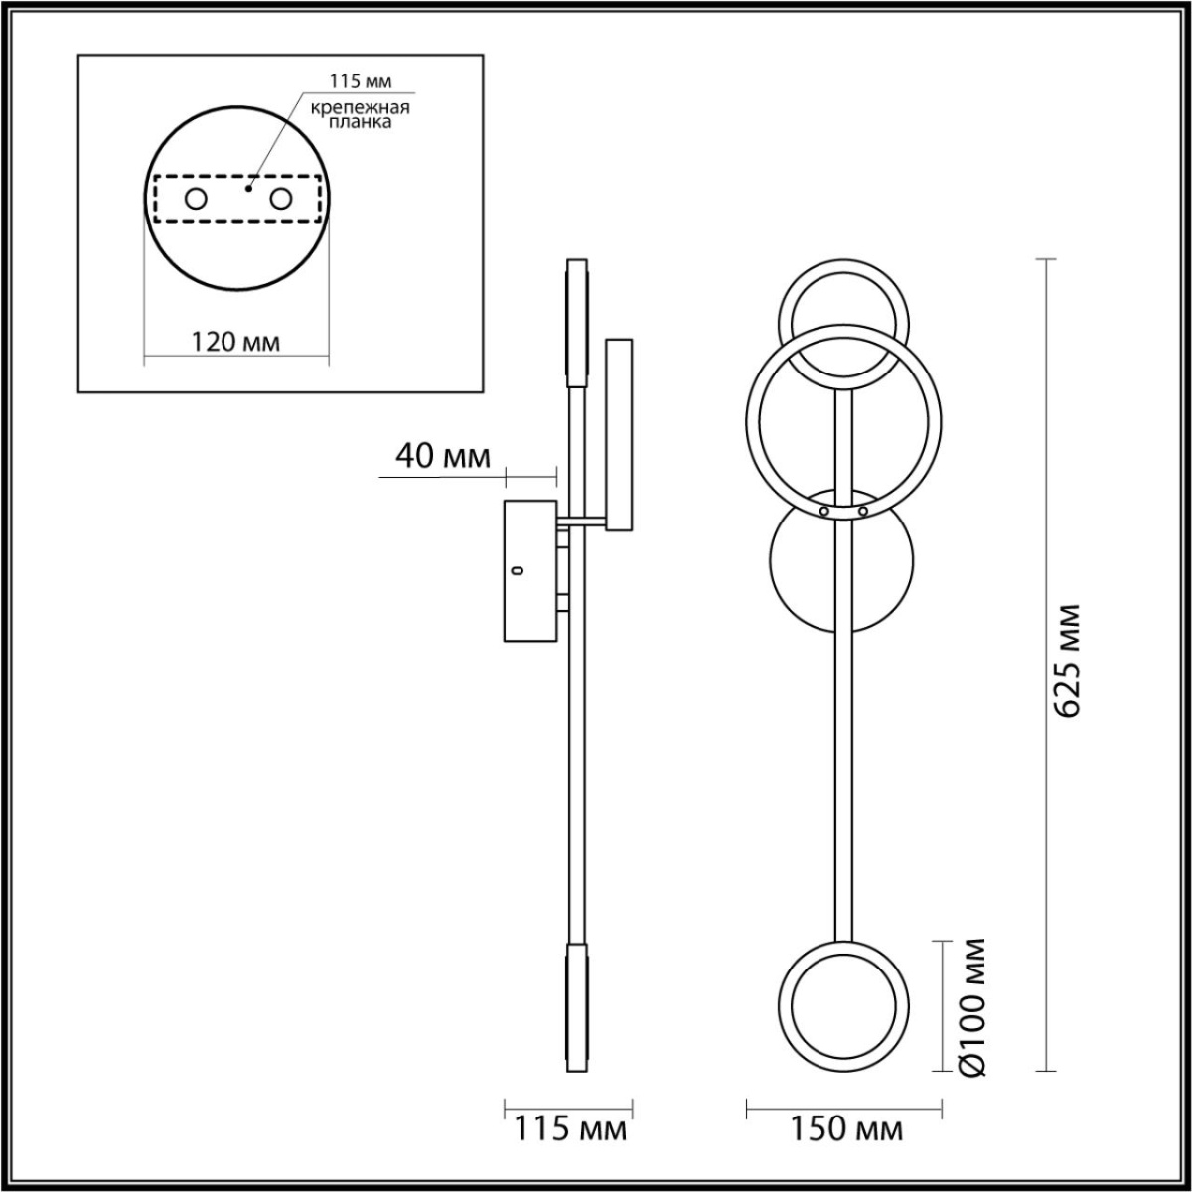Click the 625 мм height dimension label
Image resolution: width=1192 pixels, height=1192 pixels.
coord(1068,659)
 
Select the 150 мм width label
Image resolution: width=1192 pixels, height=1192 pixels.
coord(846,1129)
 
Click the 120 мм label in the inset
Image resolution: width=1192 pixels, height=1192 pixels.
coord(235,342)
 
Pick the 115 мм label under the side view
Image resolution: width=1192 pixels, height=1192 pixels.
coord(569,1129)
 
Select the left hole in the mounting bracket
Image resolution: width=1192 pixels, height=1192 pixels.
coord(196,199)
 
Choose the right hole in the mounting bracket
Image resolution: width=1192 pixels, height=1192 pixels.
coord(281,199)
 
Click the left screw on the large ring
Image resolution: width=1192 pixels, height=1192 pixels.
coord(823,511)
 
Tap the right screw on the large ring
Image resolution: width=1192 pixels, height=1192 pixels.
coord(862,511)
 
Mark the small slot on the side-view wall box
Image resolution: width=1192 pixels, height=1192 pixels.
coord(516,570)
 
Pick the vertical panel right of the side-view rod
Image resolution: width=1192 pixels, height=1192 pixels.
coord(619,434)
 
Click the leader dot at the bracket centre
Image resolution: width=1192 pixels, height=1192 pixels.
coord(249,185)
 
